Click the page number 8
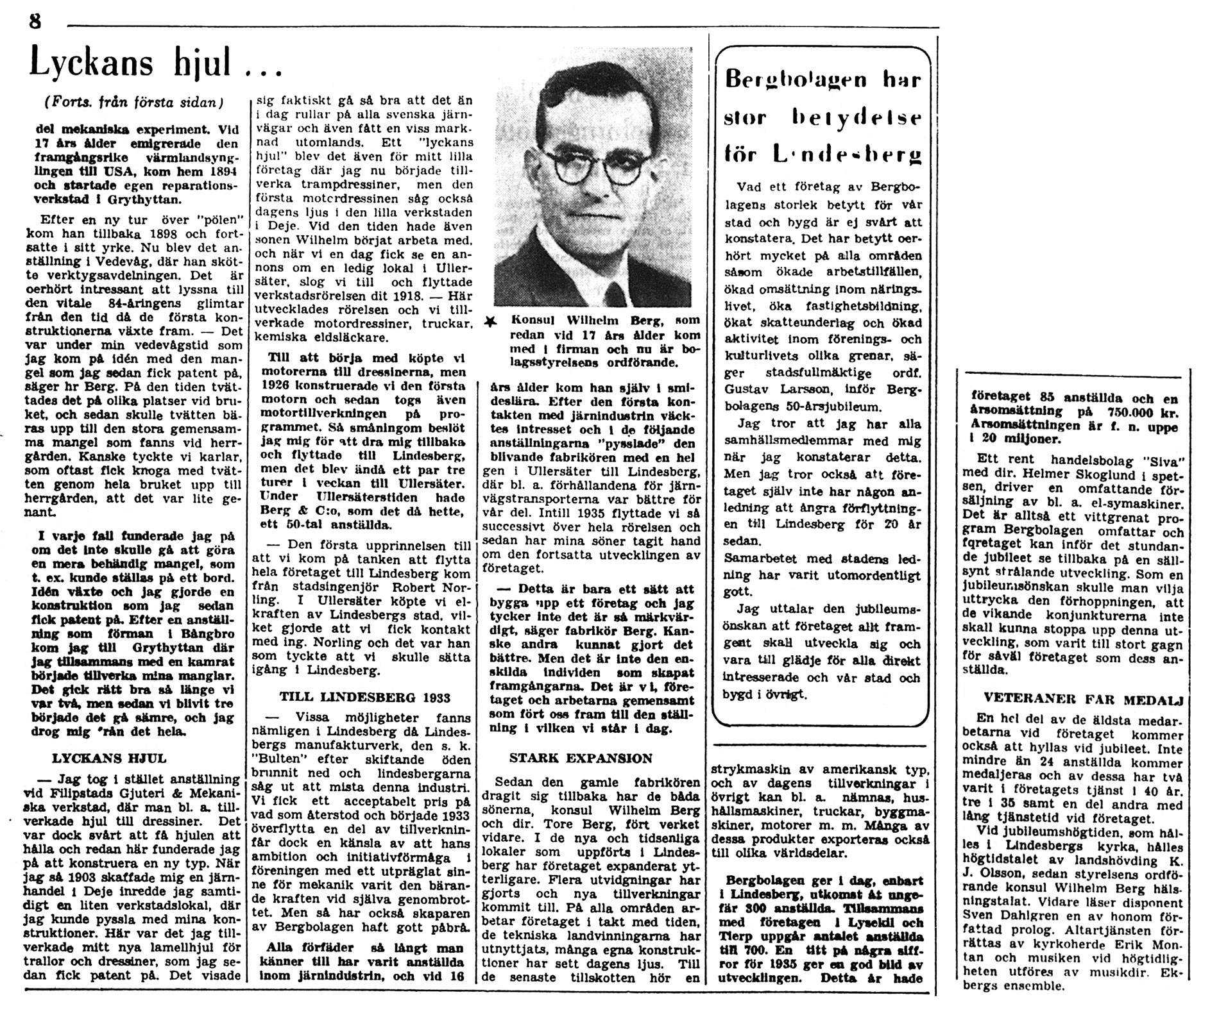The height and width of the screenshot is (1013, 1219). pyautogui.click(x=35, y=21)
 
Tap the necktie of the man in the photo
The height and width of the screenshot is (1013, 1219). pyautogui.click(x=618, y=292)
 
